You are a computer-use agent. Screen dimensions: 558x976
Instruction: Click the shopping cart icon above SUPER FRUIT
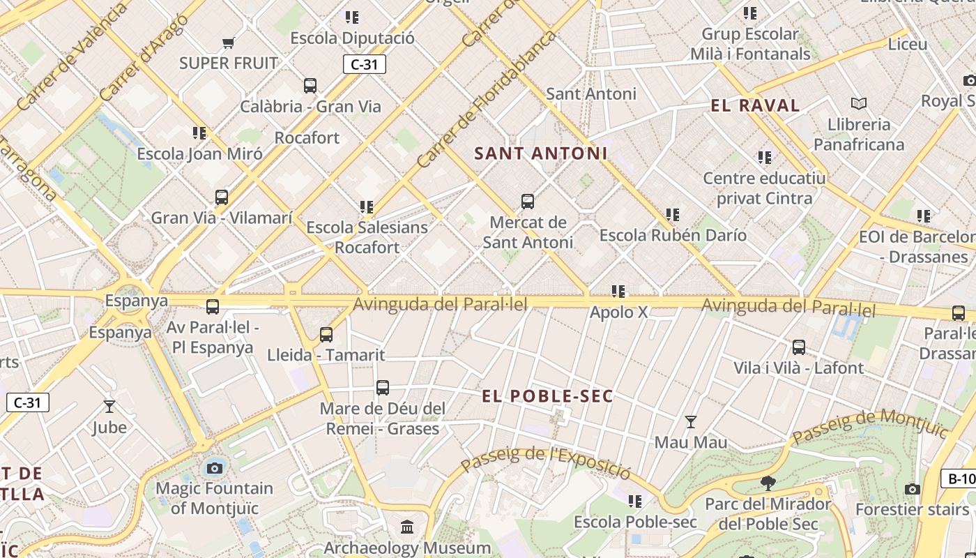tap(228, 43)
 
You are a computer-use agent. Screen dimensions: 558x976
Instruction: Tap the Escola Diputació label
tap(352, 38)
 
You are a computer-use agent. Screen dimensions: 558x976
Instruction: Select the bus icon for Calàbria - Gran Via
tap(310, 86)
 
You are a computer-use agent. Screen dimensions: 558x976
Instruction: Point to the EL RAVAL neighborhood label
tap(755, 106)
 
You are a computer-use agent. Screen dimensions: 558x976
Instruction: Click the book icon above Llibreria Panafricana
tap(859, 104)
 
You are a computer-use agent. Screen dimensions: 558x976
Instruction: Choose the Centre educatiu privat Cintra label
tap(764, 188)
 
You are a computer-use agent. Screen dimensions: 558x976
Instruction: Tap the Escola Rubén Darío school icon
tap(672, 215)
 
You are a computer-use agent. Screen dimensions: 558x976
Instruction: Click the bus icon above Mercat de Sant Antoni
tap(528, 202)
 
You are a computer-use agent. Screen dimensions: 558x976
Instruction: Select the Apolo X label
tap(618, 312)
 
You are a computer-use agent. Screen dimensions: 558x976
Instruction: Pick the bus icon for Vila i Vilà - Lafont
tap(799, 347)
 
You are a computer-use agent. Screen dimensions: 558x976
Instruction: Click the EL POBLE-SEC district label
tap(547, 396)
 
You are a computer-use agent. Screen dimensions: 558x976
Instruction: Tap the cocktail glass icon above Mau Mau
tap(690, 422)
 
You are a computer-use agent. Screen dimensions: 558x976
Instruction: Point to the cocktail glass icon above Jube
tap(109, 407)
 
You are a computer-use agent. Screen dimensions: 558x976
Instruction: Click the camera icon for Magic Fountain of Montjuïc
tap(215, 467)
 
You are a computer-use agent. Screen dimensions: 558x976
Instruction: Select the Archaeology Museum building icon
tap(407, 527)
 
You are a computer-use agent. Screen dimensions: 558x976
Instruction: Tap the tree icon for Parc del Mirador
tap(768, 483)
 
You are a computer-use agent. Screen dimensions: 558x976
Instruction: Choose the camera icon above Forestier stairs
tap(912, 489)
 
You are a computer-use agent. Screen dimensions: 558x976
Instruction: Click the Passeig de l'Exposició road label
tap(545, 462)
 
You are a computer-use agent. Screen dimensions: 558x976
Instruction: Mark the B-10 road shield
tap(960, 478)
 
